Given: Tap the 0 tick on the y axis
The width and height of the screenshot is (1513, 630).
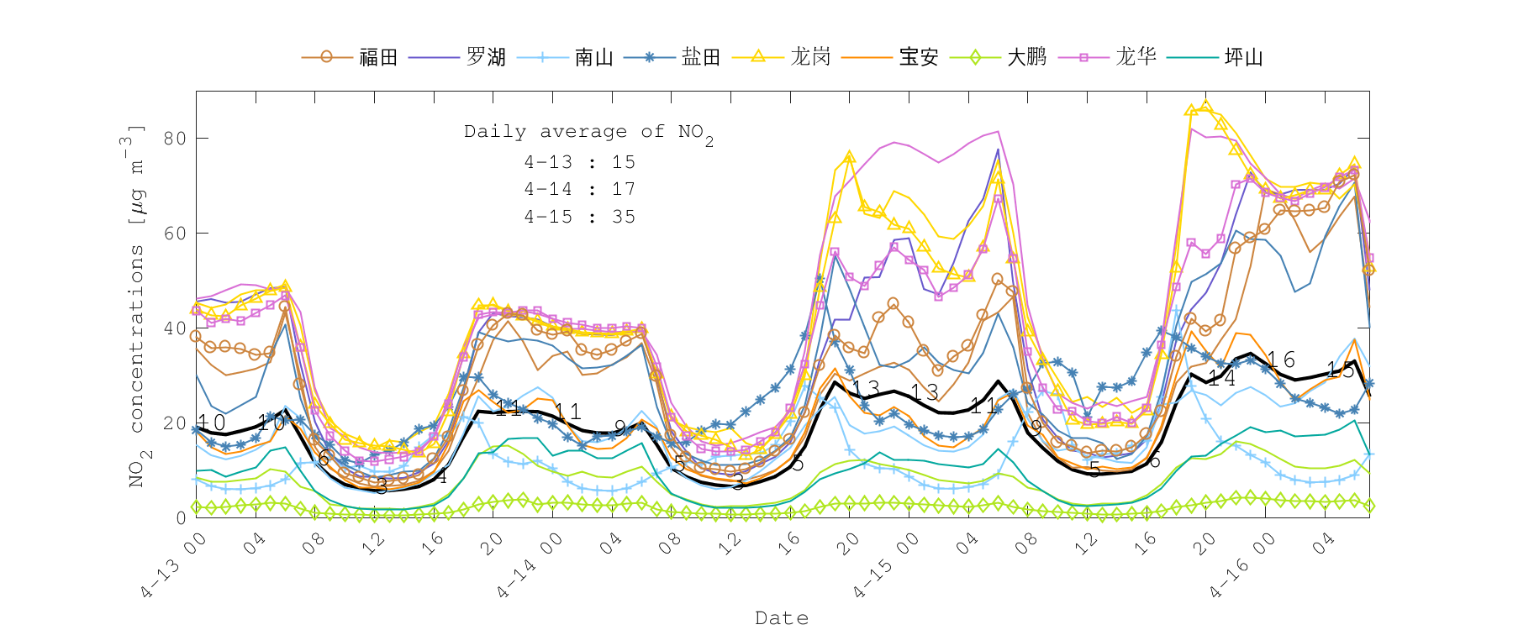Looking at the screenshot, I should [x=181, y=518].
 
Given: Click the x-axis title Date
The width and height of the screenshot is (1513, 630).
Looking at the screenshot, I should [x=782, y=618].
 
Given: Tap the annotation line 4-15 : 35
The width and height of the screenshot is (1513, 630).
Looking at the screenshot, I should [x=579, y=217].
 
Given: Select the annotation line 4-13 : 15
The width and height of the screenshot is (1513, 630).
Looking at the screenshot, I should [x=579, y=162].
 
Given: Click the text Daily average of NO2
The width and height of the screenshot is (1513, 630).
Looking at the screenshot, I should [x=588, y=133].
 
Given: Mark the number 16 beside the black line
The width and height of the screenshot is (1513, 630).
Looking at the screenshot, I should [x=1281, y=360].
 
